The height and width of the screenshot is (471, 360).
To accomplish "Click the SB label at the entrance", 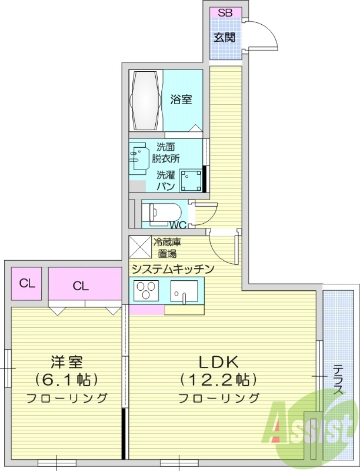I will [x=225, y=12].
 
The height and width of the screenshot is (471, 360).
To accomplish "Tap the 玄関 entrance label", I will [x=225, y=38].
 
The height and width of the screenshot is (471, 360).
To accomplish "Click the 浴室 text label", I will [x=181, y=99].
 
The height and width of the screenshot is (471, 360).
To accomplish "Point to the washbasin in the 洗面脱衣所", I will [x=139, y=156].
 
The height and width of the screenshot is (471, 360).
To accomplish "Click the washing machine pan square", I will [x=190, y=181].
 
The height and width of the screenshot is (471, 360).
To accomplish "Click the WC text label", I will [x=178, y=225].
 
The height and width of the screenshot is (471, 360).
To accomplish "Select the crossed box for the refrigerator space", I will [x=140, y=247].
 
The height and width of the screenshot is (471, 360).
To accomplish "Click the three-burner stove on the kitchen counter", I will [x=146, y=291].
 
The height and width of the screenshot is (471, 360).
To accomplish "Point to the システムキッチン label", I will [x=172, y=269].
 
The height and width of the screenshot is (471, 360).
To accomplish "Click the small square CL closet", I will [x=27, y=283].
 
